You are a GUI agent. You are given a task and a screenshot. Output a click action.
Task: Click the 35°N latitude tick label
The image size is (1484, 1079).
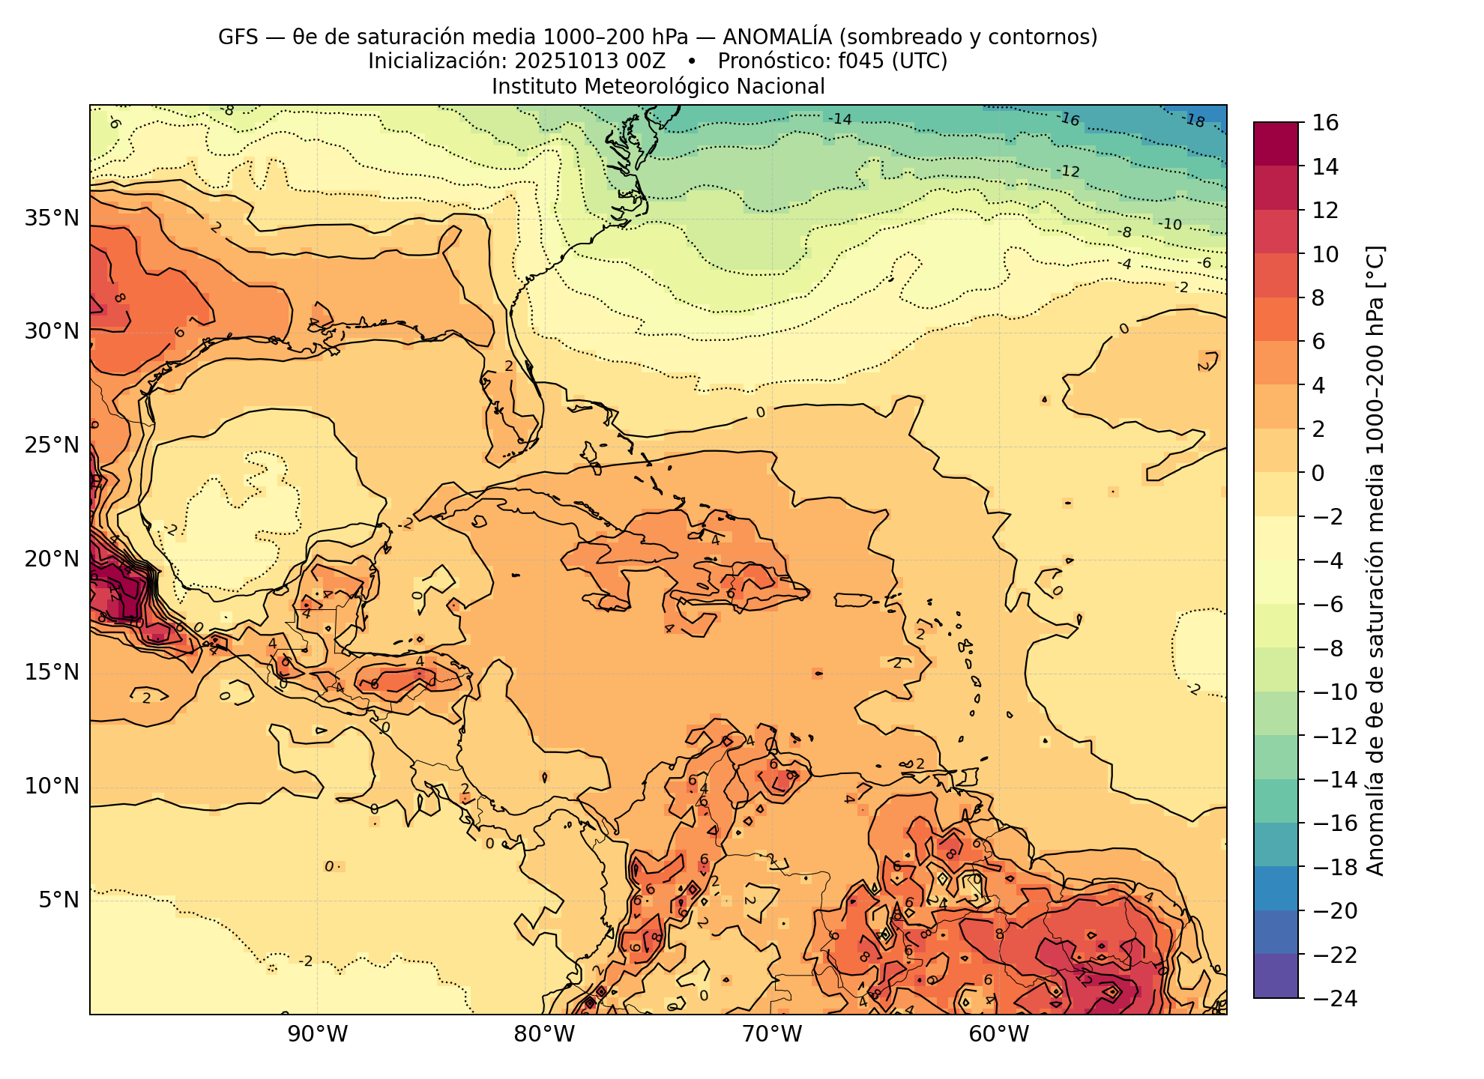(x=52, y=219)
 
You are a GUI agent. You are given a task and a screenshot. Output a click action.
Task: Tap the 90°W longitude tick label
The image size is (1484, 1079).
(x=319, y=1035)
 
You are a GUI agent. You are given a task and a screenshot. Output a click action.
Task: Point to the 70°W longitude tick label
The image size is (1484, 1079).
(x=772, y=1035)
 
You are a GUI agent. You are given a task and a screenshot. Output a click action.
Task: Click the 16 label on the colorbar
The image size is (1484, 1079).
(x=1326, y=123)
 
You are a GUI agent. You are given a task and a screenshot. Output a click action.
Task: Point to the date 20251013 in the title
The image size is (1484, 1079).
(x=562, y=61)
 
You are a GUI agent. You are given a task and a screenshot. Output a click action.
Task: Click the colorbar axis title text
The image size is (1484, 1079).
(x=1377, y=560)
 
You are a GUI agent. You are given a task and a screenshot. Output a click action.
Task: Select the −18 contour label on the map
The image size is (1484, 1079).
(x=1192, y=120)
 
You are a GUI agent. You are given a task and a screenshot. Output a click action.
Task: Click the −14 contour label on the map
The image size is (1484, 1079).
(x=840, y=119)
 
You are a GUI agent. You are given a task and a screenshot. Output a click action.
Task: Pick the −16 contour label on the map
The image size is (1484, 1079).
(x=1068, y=119)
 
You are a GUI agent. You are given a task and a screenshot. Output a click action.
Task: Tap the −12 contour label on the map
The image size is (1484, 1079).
(x=1068, y=172)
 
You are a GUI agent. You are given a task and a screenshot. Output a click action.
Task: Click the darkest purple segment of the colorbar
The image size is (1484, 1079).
(x=1276, y=976)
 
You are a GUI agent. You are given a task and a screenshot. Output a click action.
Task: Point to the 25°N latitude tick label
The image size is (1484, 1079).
(x=52, y=446)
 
